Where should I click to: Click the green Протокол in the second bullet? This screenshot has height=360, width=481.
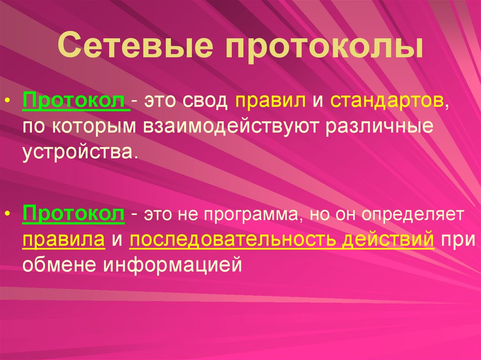(x=73, y=214)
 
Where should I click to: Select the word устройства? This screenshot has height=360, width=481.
(x=79, y=152)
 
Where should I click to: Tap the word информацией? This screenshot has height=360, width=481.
(x=173, y=265)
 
